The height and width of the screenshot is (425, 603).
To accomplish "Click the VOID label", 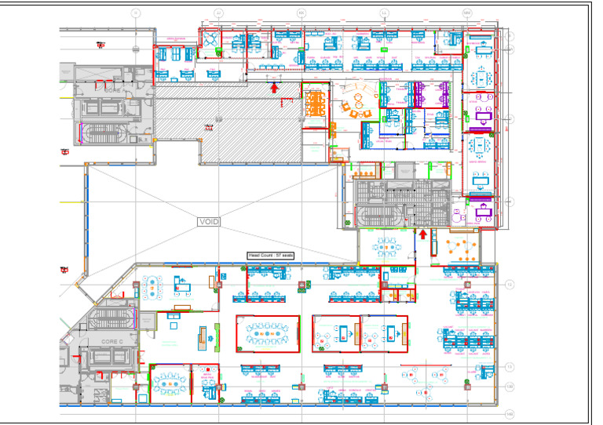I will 209,222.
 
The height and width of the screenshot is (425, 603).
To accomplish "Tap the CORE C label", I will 111,343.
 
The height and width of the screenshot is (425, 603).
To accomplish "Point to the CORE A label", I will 112,90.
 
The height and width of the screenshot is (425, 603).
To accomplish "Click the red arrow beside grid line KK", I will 274,88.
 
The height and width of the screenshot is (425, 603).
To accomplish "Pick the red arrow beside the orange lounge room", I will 422,234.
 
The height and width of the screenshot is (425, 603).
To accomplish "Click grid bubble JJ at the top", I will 218,13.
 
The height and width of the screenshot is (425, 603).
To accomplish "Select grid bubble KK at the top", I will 301,13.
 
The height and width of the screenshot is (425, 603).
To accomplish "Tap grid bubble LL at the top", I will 384,13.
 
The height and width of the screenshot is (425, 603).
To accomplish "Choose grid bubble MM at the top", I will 466,13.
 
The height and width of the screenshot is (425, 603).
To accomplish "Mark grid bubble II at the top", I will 136,13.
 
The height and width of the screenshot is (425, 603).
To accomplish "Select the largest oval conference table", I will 268,335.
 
